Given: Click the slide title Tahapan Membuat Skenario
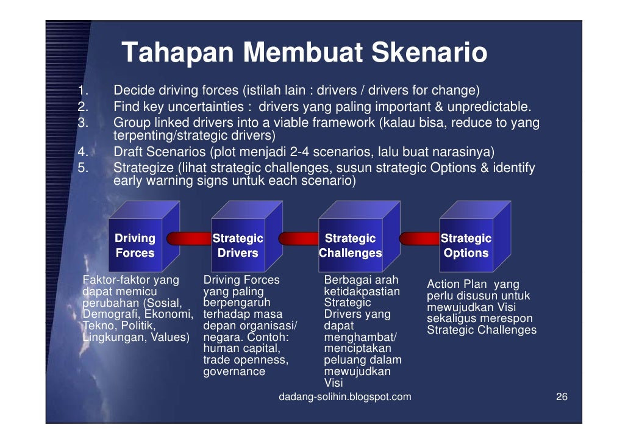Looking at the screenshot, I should pos(304,53).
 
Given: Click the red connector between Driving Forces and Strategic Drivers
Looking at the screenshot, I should pos(187,238).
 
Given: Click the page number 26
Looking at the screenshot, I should pos(562,397).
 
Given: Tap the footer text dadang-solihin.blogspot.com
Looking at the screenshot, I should pos(344,397).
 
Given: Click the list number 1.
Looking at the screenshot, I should pos(84,91).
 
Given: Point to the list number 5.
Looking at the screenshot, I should pos(84,167).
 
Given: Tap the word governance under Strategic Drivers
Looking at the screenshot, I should pos(234,371).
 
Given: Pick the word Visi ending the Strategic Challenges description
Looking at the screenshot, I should pos(334,383).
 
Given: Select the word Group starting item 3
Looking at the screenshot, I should pos(129,122).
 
